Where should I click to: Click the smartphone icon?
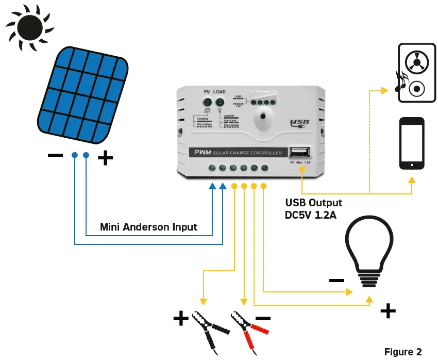point(412,143)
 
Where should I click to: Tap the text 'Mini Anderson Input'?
point(148,227)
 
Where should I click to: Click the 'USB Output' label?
point(313,203)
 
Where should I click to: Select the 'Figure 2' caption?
point(403,352)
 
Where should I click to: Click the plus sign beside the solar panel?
point(105,158)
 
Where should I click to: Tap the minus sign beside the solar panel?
point(55,155)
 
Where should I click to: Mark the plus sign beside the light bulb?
point(388,310)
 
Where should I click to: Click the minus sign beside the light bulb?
point(336,281)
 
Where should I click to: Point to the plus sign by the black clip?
point(181,319)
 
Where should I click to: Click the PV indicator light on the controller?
point(207,102)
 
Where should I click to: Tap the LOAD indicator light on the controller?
point(220,102)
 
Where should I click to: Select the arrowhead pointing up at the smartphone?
point(412,180)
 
